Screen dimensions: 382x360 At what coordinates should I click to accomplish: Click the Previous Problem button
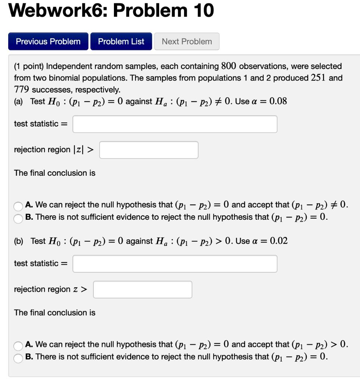pyautogui.click(x=48, y=41)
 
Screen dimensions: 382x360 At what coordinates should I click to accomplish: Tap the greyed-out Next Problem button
pyautogui.click(x=187, y=41)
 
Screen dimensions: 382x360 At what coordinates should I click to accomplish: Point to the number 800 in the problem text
pyautogui.click(x=229, y=66)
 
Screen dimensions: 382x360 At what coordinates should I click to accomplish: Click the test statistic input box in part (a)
pyautogui.click(x=175, y=124)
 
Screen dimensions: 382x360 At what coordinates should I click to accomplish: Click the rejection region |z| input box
pyautogui.click(x=149, y=150)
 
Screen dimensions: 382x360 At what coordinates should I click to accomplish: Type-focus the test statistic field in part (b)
pyautogui.click(x=175, y=264)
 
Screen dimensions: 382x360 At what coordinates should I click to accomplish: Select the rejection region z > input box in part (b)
pyautogui.click(x=143, y=289)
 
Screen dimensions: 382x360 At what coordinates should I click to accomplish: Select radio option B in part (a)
pyautogui.click(x=19, y=218)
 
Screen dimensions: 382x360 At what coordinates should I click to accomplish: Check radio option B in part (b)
pyautogui.click(x=19, y=357)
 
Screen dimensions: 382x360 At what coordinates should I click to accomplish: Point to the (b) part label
pyautogui.click(x=18, y=241)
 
